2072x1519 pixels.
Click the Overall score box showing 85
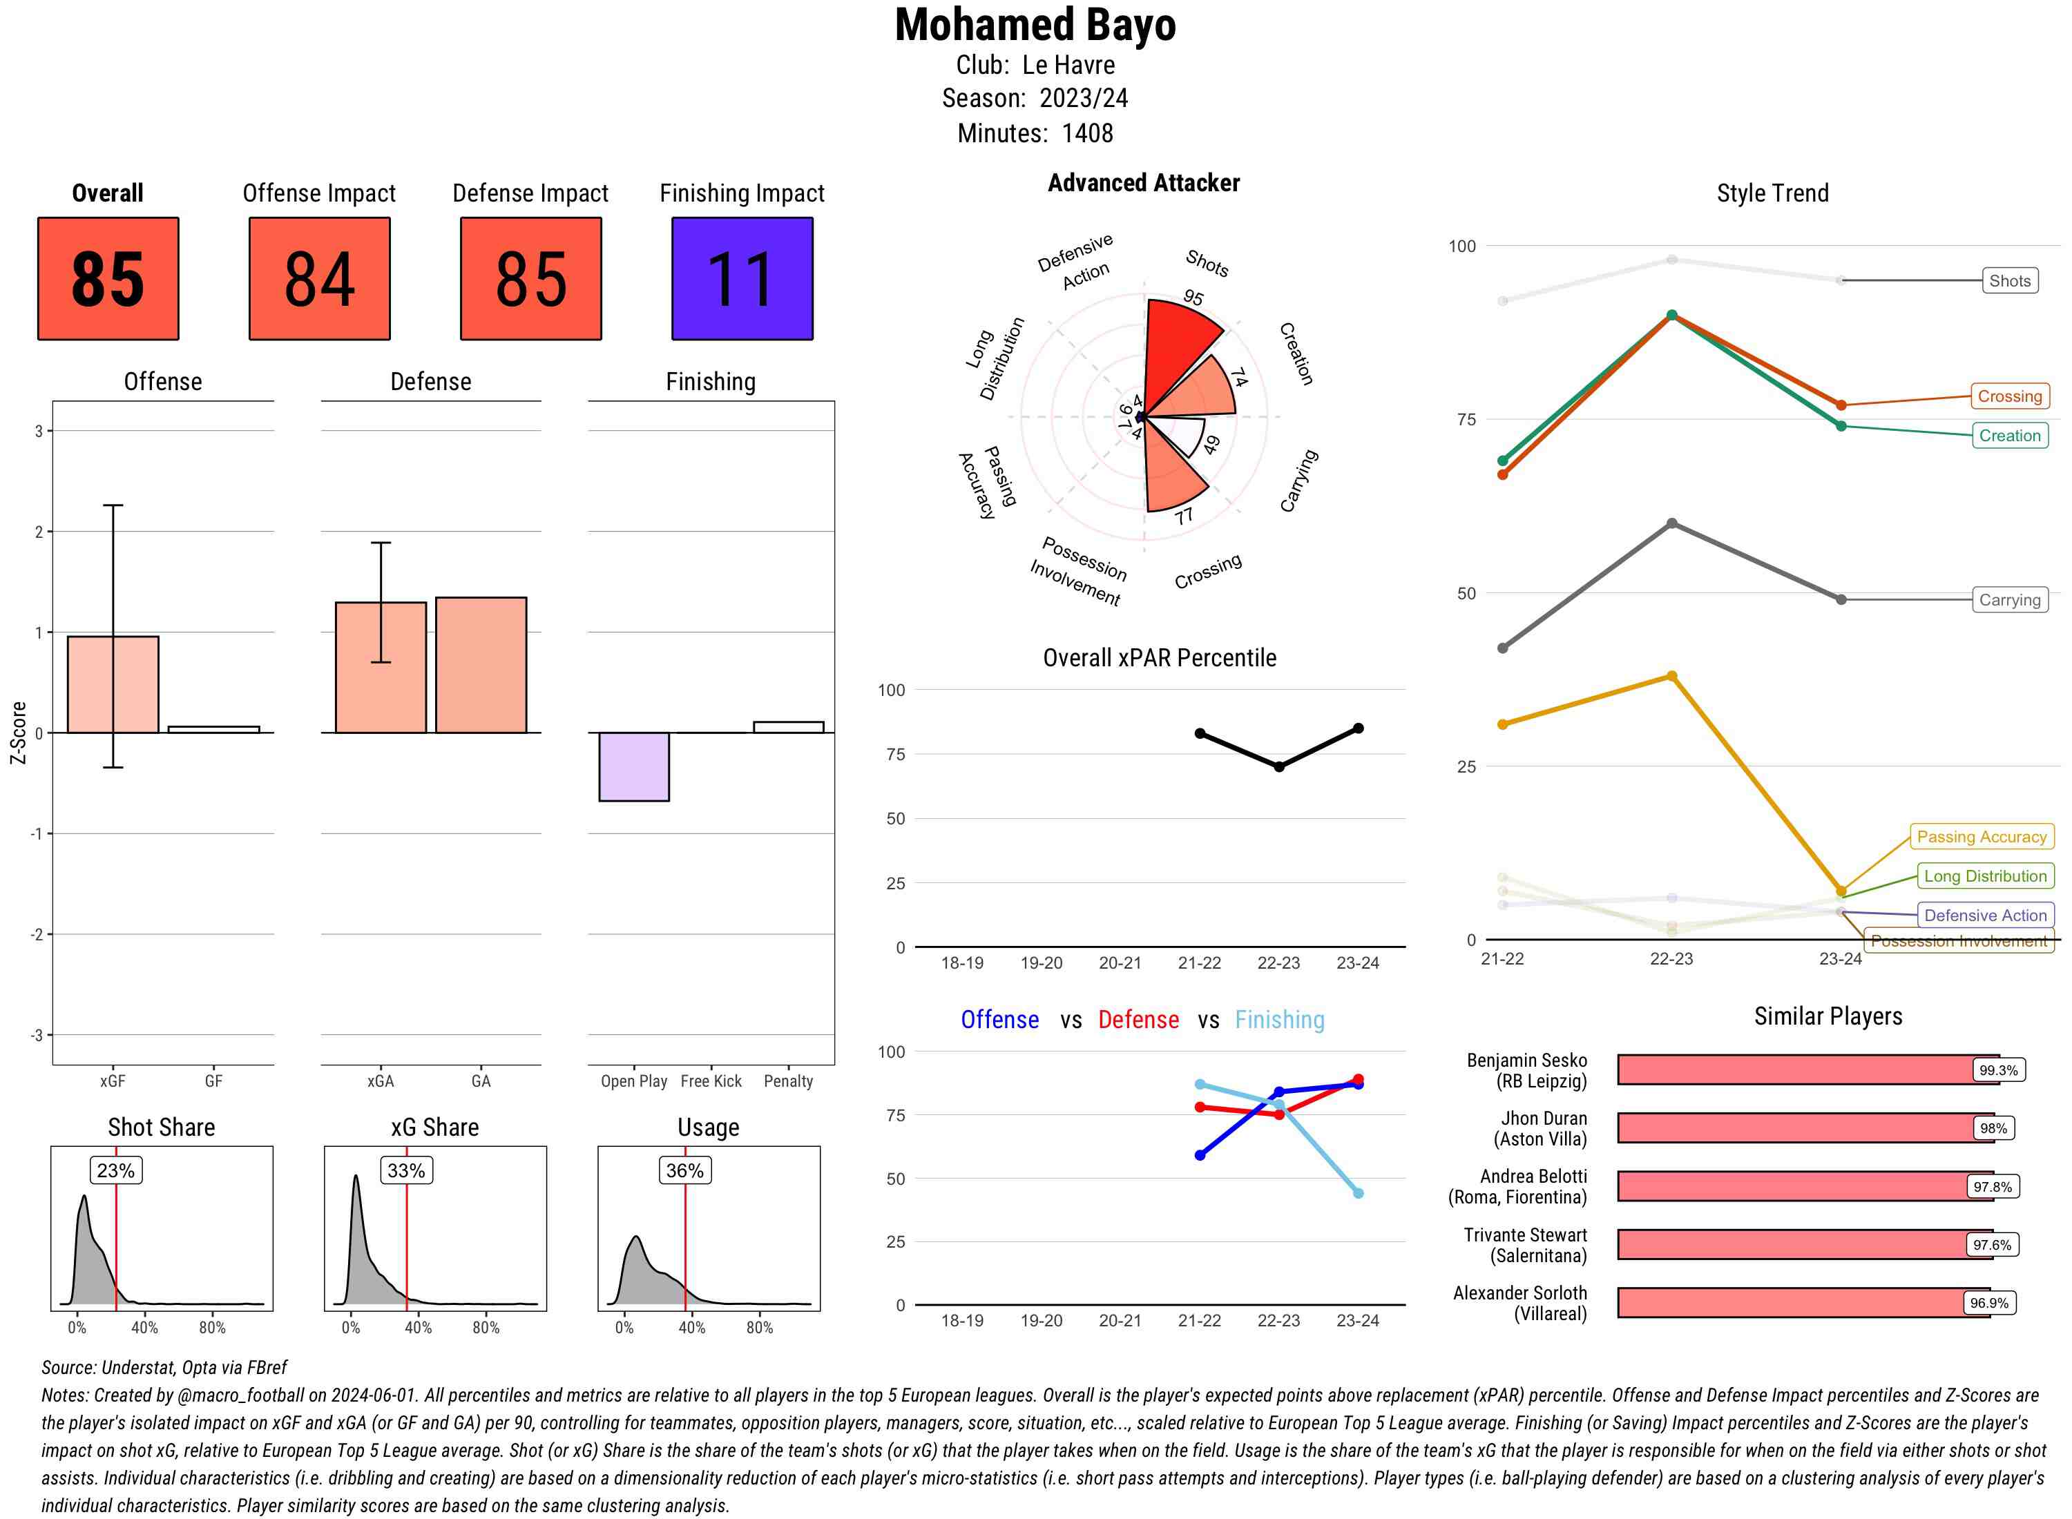pos(108,279)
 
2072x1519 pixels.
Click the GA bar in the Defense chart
pos(481,665)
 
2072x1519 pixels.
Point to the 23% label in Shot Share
pos(116,1170)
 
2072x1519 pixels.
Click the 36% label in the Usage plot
pos(684,1170)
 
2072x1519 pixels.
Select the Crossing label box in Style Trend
pos(2009,396)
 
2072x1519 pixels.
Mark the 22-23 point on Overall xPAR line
pos(1278,766)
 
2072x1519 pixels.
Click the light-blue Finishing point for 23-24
pos(1357,1192)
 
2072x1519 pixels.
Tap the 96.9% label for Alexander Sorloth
pos(1988,1303)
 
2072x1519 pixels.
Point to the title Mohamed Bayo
pos(1035,26)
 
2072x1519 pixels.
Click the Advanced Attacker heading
pos(1143,183)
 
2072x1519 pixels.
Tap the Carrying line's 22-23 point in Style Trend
pos(1671,523)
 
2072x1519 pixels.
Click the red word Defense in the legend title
pos(1138,1020)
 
